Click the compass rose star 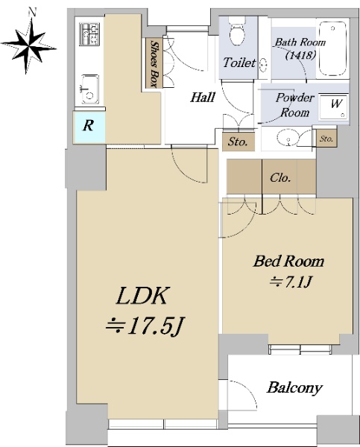28,45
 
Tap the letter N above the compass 33,11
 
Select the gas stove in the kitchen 89,34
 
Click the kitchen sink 89,89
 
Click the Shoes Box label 154,63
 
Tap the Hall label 203,97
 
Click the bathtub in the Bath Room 332,48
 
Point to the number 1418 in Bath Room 300,54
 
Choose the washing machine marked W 333,107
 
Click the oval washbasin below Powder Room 287,139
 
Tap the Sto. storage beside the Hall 239,142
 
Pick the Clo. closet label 280,178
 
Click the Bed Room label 288,261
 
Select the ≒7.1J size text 291,282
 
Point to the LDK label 142,296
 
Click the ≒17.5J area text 144,326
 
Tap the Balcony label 294,387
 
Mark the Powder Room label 294,105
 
